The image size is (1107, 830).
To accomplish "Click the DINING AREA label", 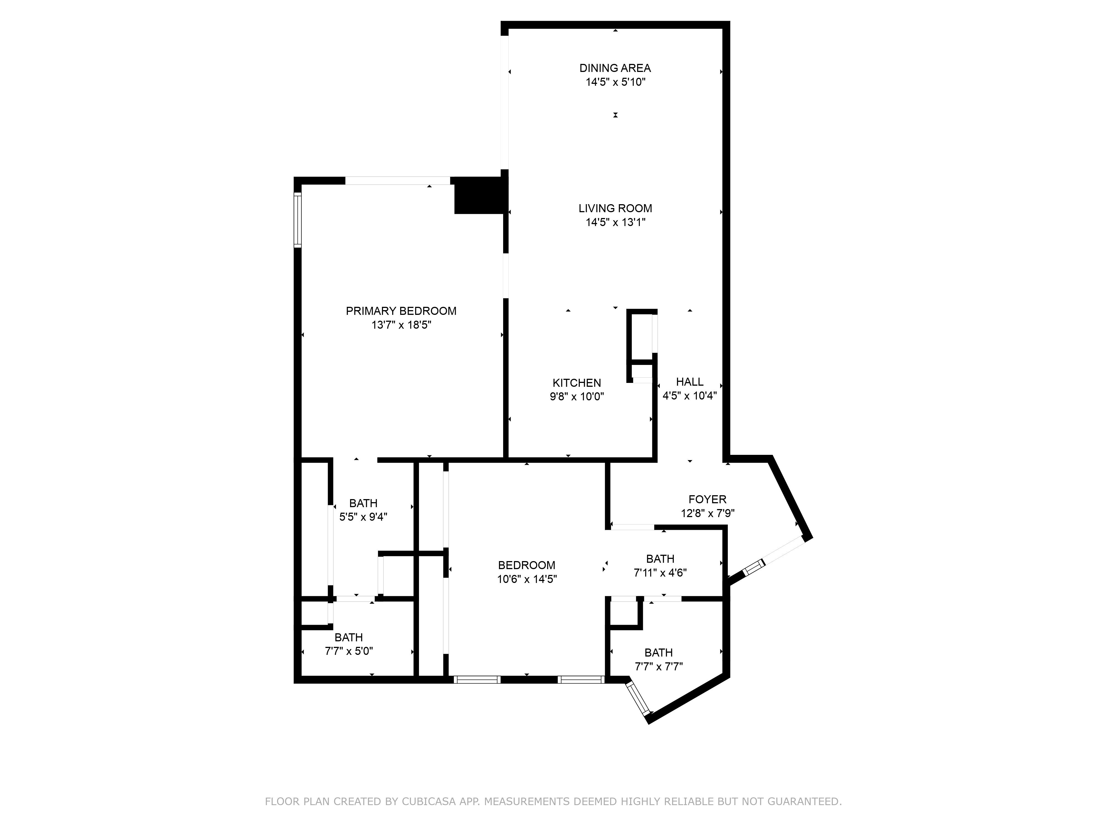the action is [615, 68].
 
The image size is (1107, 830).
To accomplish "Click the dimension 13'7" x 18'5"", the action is [401, 325].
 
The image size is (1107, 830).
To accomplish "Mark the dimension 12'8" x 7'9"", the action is [707, 513].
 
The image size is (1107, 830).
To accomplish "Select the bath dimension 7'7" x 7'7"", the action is [659, 667].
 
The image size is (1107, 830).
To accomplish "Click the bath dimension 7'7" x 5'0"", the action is [349, 651].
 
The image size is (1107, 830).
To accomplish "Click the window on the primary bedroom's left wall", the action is [298, 220].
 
